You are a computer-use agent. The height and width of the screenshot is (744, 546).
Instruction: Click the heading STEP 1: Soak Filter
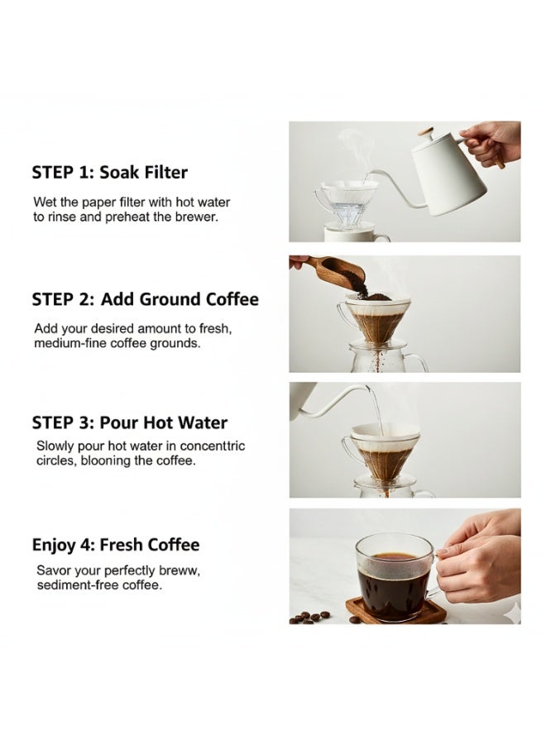[x=110, y=172]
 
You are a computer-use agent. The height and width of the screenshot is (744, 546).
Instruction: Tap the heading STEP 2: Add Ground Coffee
[x=146, y=299]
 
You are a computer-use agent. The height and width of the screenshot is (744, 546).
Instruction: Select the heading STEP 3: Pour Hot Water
[x=130, y=422]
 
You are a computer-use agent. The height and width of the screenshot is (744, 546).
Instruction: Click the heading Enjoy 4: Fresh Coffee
[x=116, y=545]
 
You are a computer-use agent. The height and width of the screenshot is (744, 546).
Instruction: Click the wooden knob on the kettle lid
[x=426, y=132]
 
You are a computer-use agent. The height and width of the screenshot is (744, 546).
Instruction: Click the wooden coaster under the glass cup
[x=396, y=611]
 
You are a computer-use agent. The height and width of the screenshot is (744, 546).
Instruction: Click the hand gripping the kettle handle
[x=491, y=142]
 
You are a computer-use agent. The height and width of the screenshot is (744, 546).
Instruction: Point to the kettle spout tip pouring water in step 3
[x=367, y=389]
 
